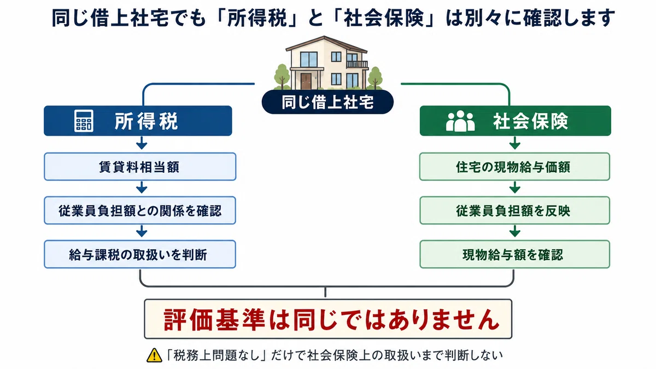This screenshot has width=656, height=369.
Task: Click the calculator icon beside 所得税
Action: [84, 121]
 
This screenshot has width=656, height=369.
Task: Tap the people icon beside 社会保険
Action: [460, 121]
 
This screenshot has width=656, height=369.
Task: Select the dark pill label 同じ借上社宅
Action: [327, 102]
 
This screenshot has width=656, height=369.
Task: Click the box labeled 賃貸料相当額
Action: [140, 167]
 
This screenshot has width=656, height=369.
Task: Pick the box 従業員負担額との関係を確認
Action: [140, 210]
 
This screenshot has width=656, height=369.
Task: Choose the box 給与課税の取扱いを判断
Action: [140, 254]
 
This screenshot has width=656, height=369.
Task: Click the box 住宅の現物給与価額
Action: [515, 167]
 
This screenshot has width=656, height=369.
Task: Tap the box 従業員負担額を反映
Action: [515, 210]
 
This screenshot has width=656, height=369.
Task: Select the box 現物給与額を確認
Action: [515, 254]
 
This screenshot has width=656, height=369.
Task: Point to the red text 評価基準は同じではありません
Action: [331, 319]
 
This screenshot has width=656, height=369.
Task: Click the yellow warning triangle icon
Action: [154, 355]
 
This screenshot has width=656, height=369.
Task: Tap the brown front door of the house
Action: [306, 81]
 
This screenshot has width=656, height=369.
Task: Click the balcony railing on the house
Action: [357, 65]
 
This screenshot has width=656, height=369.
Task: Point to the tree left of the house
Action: [282, 76]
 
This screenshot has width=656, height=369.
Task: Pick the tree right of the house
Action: [375, 78]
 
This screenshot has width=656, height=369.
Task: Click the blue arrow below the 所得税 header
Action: [142, 143]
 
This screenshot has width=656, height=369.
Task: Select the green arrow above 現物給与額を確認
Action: [515, 231]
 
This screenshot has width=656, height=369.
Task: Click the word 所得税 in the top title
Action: [257, 18]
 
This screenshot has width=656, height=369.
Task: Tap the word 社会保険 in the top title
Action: [384, 18]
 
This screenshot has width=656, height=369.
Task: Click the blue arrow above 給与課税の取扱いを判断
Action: [142, 231]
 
